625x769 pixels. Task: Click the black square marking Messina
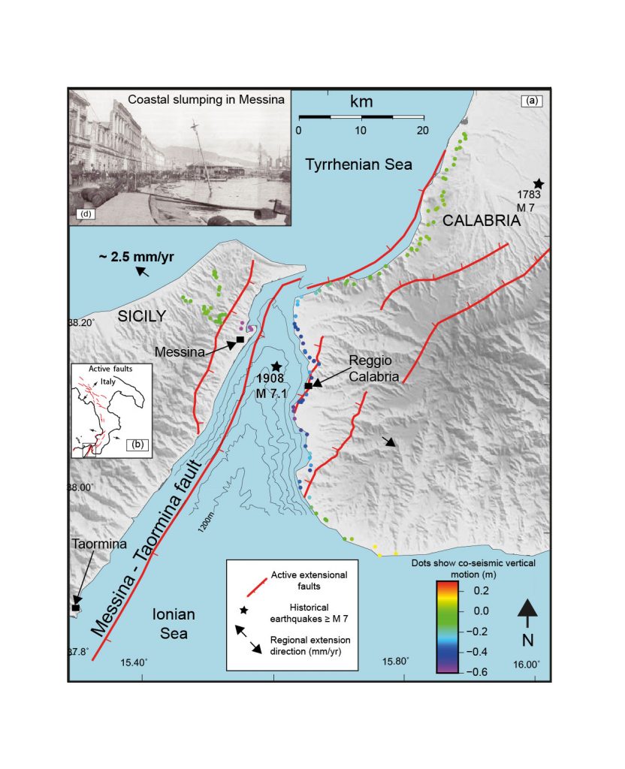(240, 340)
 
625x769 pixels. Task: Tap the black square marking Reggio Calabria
(308, 386)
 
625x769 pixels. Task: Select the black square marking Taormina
(76, 608)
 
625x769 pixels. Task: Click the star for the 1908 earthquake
(276, 366)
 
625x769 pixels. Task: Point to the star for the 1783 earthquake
(538, 184)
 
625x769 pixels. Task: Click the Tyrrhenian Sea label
(358, 164)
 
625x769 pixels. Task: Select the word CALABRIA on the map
(481, 221)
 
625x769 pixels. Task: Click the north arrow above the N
(527, 612)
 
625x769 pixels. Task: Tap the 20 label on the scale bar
(423, 131)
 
